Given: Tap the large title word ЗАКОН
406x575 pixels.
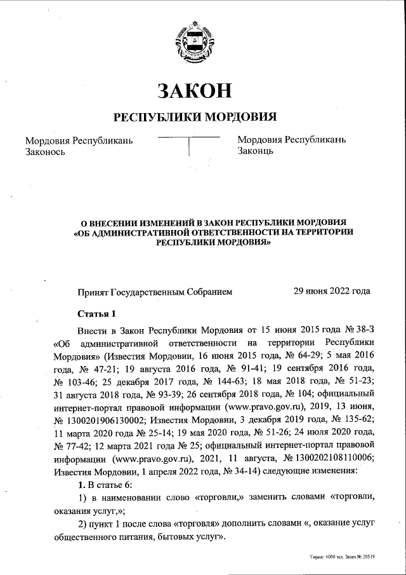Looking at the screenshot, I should [195, 91].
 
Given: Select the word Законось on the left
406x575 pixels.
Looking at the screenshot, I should [45, 152].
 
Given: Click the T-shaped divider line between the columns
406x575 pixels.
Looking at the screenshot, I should [188, 144].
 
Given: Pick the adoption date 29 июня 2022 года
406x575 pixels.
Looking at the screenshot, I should [331, 292].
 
